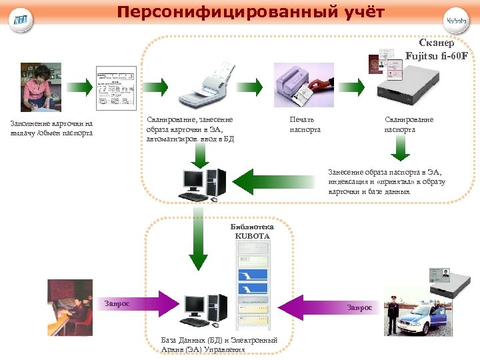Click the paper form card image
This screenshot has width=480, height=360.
pyautogui.click(x=117, y=88)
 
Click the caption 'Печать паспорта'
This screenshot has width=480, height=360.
pyautogui.click(x=305, y=124)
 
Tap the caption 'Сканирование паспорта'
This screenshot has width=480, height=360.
pyautogui.click(x=409, y=124)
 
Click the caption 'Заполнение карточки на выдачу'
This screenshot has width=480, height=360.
pyautogui.click(x=51, y=128)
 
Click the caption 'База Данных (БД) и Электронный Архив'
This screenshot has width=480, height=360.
pyautogui.click(x=219, y=345)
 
